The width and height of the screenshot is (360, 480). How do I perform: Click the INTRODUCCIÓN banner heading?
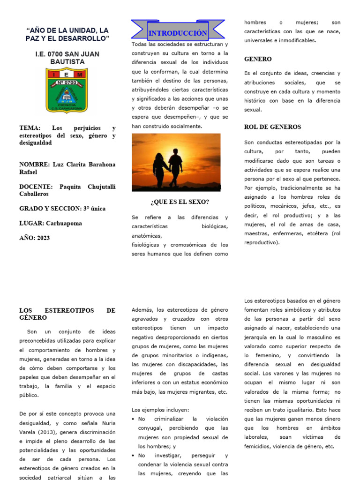pyautogui.click(x=178, y=33)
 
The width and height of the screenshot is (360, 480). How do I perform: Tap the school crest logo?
pyautogui.click(x=67, y=90)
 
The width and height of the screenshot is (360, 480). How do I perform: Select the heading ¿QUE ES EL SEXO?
pyautogui.click(x=180, y=202)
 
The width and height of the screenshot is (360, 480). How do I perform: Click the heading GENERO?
pyautogui.click(x=258, y=59)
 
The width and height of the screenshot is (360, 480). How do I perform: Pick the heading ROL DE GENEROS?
pyautogui.click(x=273, y=127)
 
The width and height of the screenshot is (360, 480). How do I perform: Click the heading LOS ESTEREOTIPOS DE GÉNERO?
pyautogui.click(x=67, y=314)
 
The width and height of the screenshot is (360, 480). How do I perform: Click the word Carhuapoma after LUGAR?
pyautogui.click(x=63, y=224)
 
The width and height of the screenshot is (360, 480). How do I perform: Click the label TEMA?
pyautogui.click(x=30, y=128)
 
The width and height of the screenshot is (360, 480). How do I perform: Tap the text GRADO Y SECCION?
pyautogui.click(x=47, y=209)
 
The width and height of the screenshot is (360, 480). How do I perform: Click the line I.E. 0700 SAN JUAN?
pyautogui.click(x=67, y=54)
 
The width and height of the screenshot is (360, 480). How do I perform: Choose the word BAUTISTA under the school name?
pyautogui.click(x=67, y=62)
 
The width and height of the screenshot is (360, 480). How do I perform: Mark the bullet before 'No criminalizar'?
pyautogui.click(x=134, y=419)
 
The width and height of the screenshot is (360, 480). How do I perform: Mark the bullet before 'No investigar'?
pyautogui.click(x=134, y=455)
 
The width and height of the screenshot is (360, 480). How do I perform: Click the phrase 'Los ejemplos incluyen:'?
pyautogui.click(x=160, y=409)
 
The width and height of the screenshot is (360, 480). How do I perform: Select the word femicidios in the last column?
pyautogui.click(x=260, y=446)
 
